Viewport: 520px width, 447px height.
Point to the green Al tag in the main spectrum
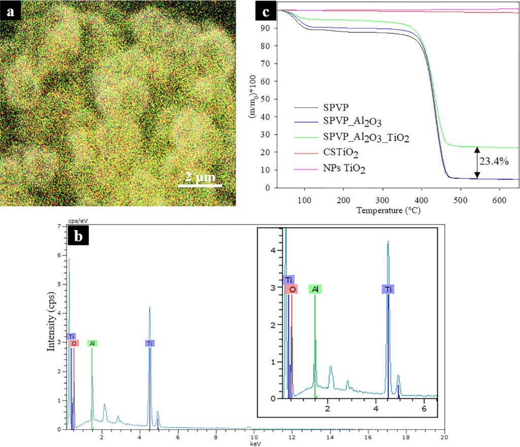coord(92,343)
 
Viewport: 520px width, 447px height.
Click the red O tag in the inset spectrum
coord(292,289)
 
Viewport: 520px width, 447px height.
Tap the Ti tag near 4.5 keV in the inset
coord(388,289)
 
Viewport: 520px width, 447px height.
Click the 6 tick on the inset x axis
coord(424,408)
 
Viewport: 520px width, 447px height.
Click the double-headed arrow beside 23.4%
coord(477,162)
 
